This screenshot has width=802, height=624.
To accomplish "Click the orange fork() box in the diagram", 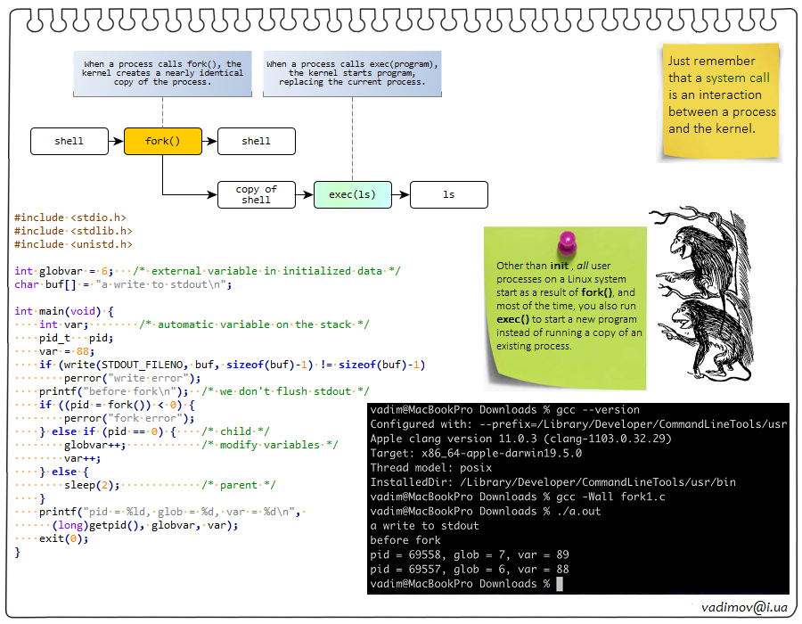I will pos(163,141).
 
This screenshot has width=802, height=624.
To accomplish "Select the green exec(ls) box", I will pos(352,194).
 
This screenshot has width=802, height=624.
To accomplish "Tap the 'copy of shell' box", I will pos(256,194).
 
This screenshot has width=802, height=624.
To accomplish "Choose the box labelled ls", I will pos(448,194).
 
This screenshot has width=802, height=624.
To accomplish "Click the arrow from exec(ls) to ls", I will pos(400,194).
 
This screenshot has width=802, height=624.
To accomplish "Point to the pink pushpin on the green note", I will pos(565,243).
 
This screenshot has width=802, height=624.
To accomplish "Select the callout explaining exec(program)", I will pos(353,73).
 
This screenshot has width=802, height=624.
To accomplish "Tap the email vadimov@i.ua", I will pos(743,606).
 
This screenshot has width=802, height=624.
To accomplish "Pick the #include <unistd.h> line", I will pos(73,243).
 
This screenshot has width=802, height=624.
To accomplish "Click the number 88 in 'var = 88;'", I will pos(83,351).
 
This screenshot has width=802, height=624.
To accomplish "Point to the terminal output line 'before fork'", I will pos(405,540).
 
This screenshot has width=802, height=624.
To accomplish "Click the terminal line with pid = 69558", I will pos(470,554).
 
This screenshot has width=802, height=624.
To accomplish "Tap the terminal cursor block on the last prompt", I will pos(559,584).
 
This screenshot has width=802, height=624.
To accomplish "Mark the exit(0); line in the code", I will pos(63,538).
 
